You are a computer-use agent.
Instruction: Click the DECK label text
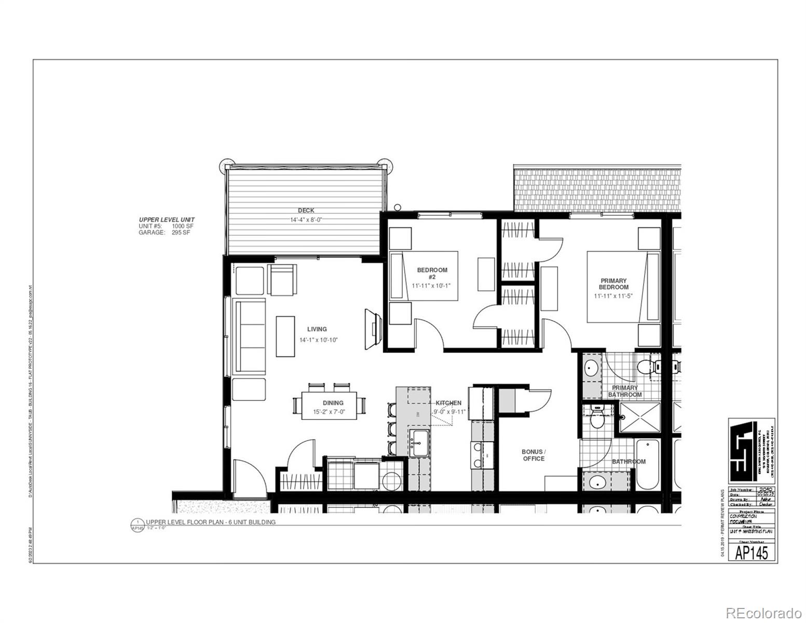point(306,210)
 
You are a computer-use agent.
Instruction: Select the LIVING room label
point(317,329)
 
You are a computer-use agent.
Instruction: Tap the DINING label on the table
point(333,403)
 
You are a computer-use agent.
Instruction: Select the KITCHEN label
point(448,403)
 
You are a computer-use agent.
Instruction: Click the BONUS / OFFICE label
point(534,455)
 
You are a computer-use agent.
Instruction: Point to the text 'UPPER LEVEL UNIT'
point(166,220)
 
